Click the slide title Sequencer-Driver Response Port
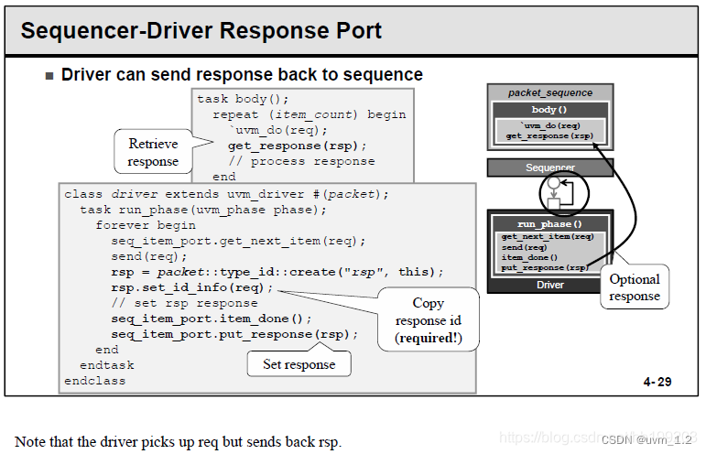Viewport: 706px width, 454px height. pyautogui.click(x=201, y=31)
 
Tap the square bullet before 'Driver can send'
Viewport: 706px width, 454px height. pyautogui.click(x=49, y=76)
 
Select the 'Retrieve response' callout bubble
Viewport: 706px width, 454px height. pyautogui.click(x=154, y=152)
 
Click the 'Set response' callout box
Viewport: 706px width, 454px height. pyautogui.click(x=299, y=364)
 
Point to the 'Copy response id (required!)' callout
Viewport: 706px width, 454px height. pyautogui.click(x=429, y=320)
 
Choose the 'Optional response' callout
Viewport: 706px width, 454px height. pyautogui.click(x=635, y=287)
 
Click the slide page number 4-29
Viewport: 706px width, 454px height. pyautogui.click(x=657, y=382)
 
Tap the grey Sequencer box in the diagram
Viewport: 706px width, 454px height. pyautogui.click(x=549, y=168)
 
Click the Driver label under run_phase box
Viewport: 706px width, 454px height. pyautogui.click(x=549, y=285)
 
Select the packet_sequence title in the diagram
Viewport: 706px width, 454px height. pyautogui.click(x=549, y=92)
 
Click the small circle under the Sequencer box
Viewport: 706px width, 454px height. pyautogui.click(x=554, y=183)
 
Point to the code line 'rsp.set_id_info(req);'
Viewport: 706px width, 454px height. pyautogui.click(x=191, y=287)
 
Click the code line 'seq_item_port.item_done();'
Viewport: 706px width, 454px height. pyautogui.click(x=212, y=319)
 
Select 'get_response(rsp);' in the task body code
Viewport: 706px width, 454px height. pyautogui.click(x=298, y=146)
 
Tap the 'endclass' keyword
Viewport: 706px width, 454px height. pyautogui.click(x=94, y=381)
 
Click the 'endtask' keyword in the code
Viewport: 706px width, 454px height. pyautogui.click(x=107, y=365)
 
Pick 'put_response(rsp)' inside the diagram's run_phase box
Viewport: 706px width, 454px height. pyautogui.click(x=545, y=267)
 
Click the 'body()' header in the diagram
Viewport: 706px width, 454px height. pyautogui.click(x=549, y=109)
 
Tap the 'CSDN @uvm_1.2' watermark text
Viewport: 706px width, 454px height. pyautogui.click(x=646, y=439)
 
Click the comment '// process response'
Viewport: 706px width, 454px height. pyautogui.click(x=301, y=161)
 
